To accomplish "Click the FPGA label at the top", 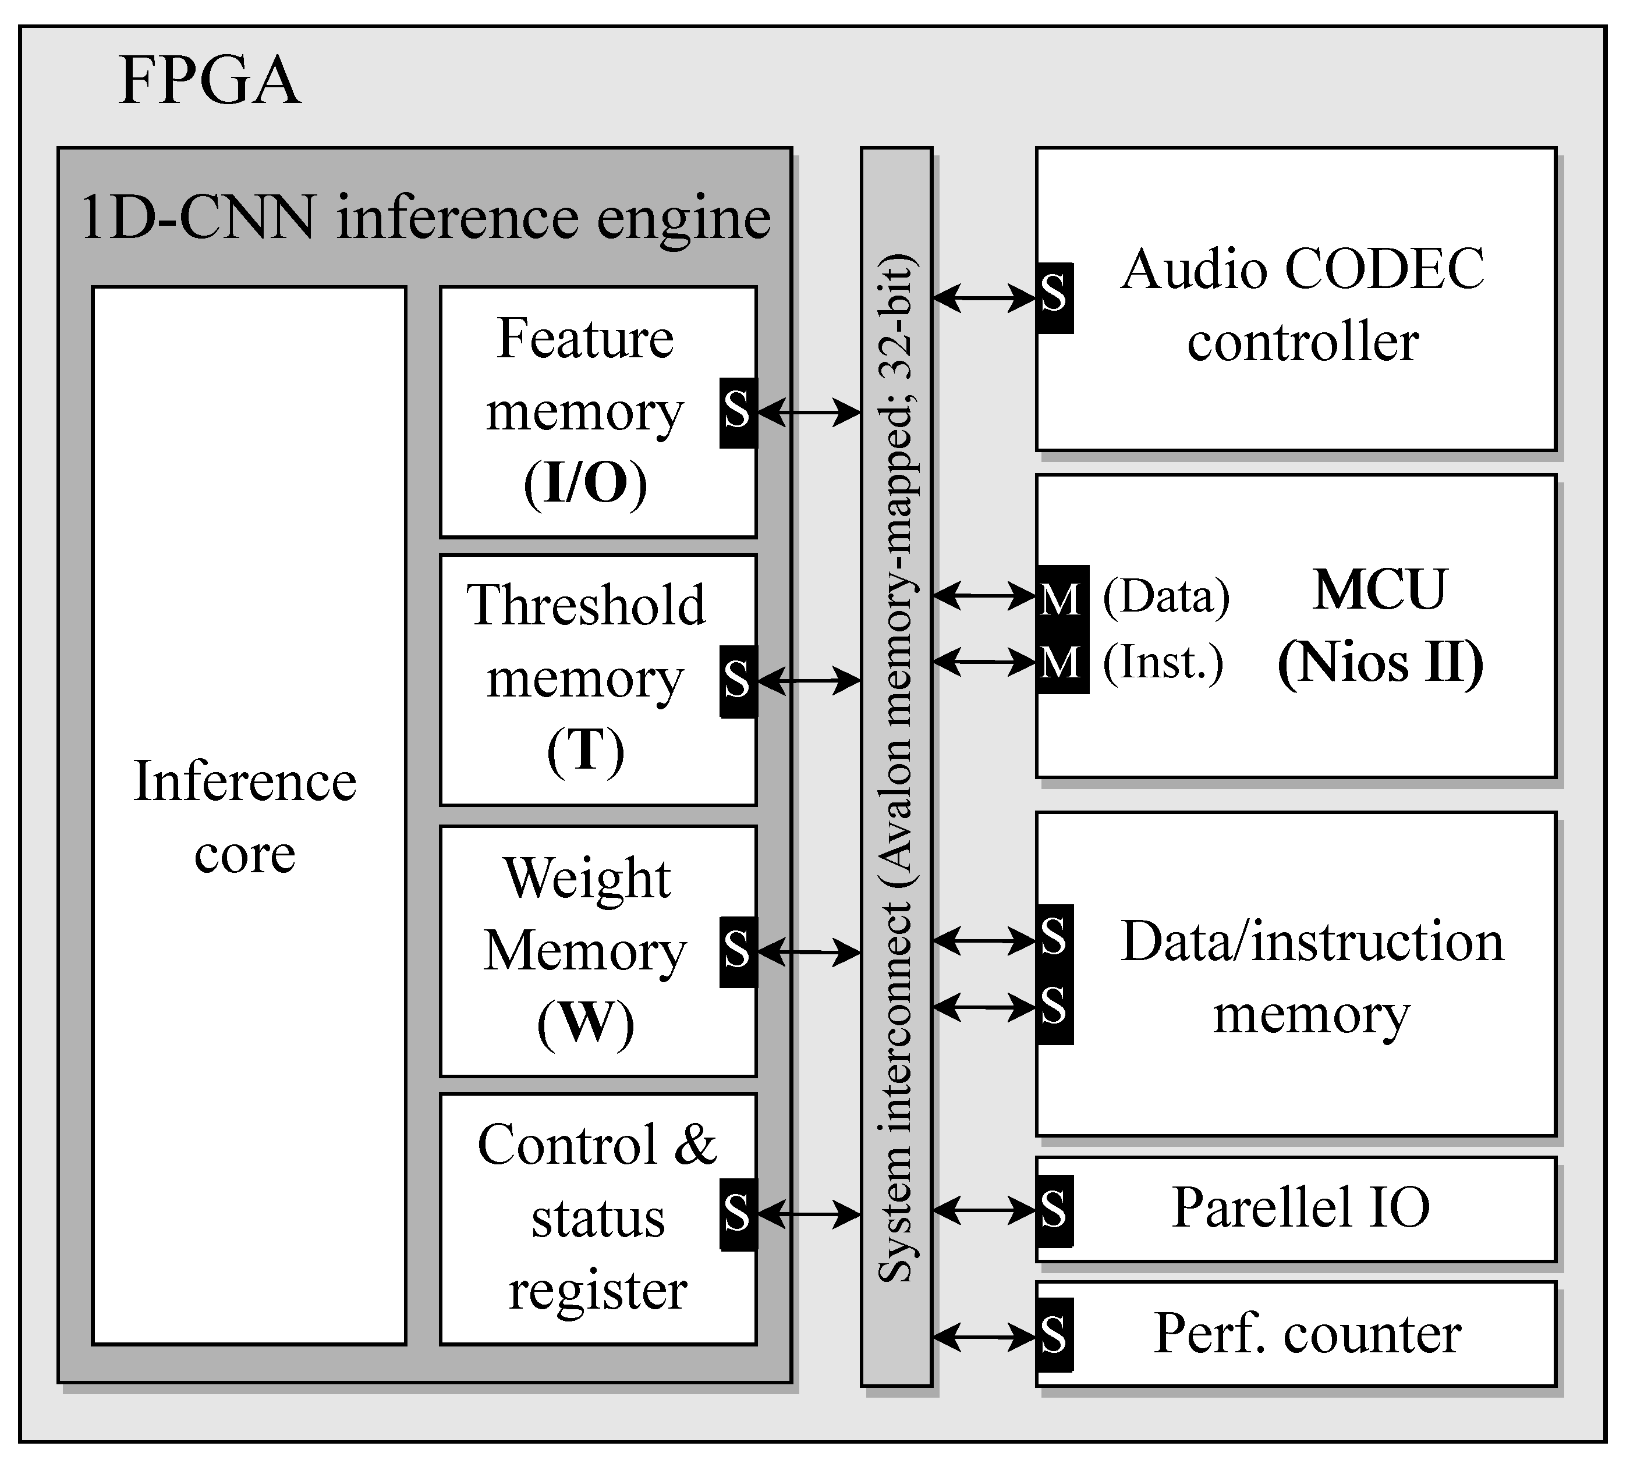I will pos(208,81).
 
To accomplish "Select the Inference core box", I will pos(248,816).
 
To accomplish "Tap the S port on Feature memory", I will pos(738,412).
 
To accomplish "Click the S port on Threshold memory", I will pos(738,681).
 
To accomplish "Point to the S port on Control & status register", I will pos(738,1214).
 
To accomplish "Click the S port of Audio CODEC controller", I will pos(1054,297).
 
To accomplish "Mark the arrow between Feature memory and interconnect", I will pos(809,413).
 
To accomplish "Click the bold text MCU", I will pos(1379,590).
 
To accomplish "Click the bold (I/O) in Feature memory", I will pos(586,484).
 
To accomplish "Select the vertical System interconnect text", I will pos(896,768).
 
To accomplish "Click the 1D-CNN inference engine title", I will pos(426,218).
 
